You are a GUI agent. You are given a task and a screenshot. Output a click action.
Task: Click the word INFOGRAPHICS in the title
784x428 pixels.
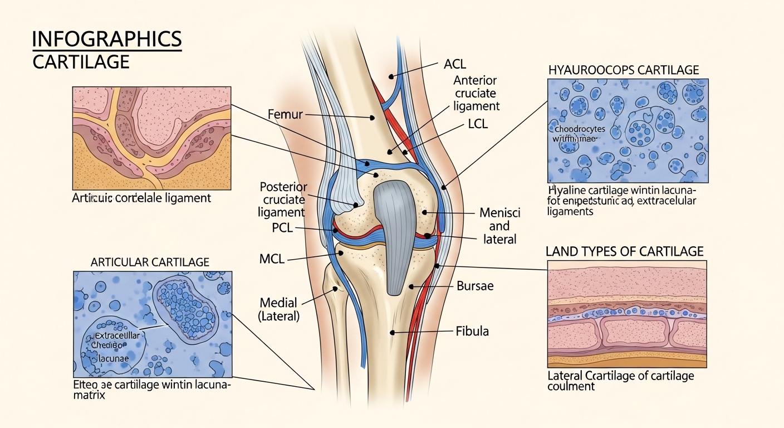(107, 40)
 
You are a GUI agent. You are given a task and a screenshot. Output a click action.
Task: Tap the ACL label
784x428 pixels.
(455, 64)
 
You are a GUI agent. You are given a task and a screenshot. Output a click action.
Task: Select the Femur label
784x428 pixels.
(285, 115)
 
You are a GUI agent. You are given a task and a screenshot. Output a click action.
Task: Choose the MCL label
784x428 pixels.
(272, 259)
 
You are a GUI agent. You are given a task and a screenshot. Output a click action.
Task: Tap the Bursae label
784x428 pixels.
(475, 286)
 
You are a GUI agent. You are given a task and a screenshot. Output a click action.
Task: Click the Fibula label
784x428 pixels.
(472, 331)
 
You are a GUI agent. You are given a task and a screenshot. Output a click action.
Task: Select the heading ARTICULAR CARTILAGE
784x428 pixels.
(150, 261)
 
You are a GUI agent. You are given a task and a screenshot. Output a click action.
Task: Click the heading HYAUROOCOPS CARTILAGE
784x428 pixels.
(624, 70)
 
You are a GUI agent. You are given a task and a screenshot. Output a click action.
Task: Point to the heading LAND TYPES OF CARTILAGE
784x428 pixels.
(624, 251)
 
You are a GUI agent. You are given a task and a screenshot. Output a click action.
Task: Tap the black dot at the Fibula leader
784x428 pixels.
(393, 332)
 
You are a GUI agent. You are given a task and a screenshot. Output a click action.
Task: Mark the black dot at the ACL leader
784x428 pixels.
(391, 76)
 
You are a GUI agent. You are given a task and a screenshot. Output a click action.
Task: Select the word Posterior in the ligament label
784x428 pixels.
(283, 187)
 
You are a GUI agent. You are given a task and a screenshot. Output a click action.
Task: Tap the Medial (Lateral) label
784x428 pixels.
(278, 310)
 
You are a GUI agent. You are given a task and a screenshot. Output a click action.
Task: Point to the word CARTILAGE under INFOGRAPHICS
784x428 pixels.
(81, 61)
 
